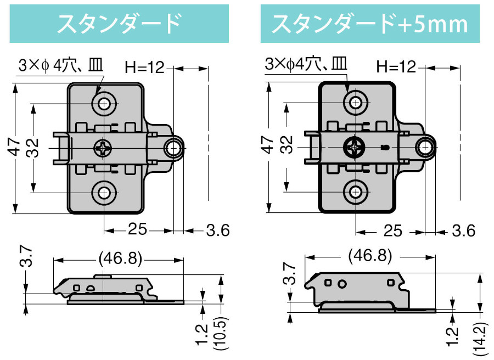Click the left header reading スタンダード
pos(119,24)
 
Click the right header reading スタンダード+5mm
pos(369,24)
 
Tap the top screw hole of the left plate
pos(104,103)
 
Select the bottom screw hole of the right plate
pos(356,192)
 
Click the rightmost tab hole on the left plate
pos(174,147)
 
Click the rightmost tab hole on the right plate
pos(425,147)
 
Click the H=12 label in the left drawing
pos(144,68)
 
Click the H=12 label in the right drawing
pos(396,67)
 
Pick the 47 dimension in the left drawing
pos(16,147)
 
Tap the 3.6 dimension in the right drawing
pos(463,230)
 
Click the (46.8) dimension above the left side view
pos(120,257)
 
